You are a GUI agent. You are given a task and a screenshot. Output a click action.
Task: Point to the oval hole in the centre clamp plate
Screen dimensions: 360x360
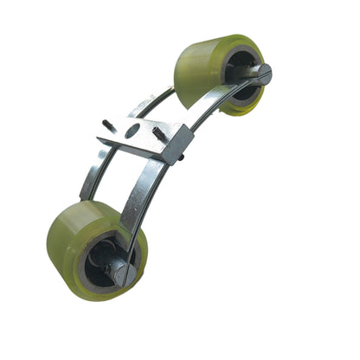[132, 132]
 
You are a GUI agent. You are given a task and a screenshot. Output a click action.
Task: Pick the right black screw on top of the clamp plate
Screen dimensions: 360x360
[157, 136]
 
